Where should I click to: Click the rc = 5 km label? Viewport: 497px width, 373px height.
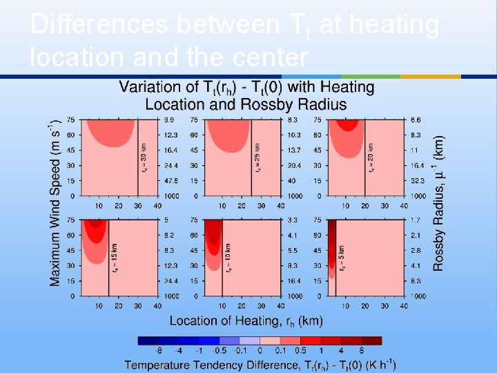[x=342, y=257]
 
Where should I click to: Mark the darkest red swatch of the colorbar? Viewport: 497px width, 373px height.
[x=371, y=341]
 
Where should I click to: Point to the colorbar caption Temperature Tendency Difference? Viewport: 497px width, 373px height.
[x=260, y=363]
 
